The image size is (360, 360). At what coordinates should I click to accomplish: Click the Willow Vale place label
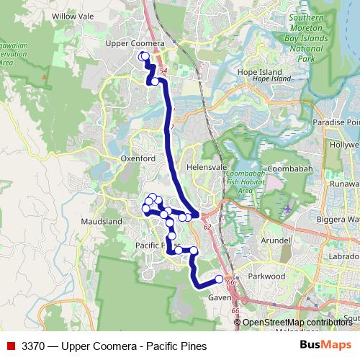pyautogui.click(x=69, y=14)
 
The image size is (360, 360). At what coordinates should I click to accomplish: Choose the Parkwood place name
pyautogui.click(x=267, y=276)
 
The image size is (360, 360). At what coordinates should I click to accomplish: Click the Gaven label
pyautogui.click(x=219, y=297)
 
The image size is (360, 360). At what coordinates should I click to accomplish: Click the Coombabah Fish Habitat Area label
pyautogui.click(x=246, y=182)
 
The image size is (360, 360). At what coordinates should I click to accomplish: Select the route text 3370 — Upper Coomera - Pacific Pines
pyautogui.click(x=114, y=346)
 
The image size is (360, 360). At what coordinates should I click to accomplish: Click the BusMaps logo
pyautogui.click(x=325, y=346)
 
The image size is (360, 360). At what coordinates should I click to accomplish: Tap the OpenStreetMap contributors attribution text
pyautogui.click(x=297, y=323)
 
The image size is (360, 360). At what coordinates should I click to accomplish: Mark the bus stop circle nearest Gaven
pyautogui.click(x=220, y=279)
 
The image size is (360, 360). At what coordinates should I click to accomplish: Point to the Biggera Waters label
pyautogui.click(x=338, y=218)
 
